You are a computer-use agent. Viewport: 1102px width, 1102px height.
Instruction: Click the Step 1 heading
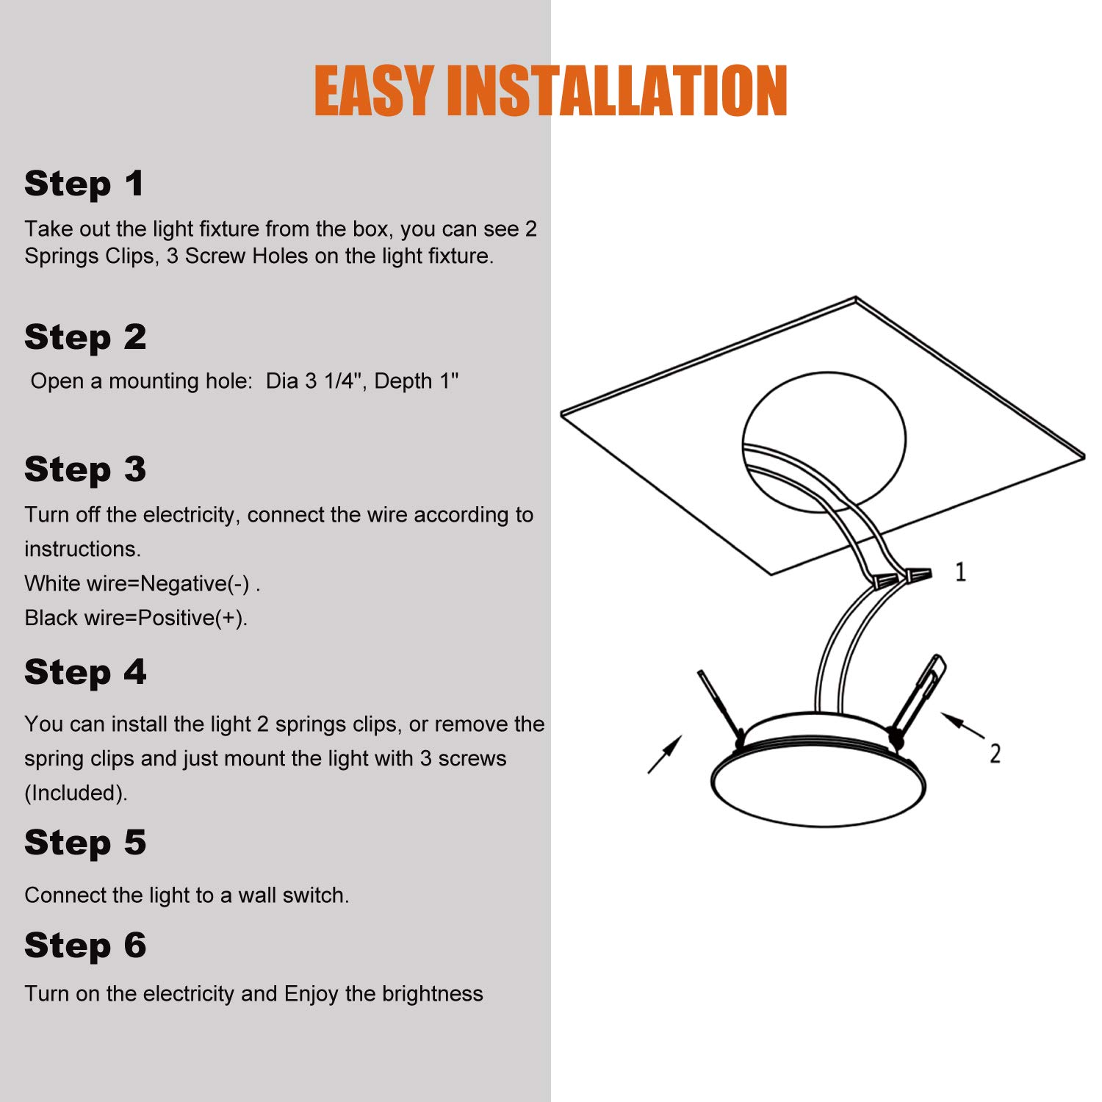point(84,184)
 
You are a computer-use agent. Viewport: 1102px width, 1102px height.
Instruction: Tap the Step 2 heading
point(85,337)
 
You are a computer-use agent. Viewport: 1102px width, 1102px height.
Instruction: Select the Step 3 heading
point(85,469)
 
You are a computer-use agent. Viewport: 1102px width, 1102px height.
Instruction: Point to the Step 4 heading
point(85,672)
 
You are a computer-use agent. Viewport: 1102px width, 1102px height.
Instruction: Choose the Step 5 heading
point(85,842)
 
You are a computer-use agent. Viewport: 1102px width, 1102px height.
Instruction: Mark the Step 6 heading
point(85,945)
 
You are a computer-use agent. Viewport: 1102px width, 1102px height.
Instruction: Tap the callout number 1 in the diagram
point(960,572)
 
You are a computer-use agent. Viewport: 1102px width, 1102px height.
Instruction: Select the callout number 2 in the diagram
point(995,753)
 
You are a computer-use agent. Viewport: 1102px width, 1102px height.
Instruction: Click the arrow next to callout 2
point(962,725)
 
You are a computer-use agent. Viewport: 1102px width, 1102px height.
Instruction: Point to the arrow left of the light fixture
point(665,754)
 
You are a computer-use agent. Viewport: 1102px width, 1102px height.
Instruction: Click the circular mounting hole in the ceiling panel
point(824,442)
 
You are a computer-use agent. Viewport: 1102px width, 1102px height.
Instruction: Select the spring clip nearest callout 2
point(917,698)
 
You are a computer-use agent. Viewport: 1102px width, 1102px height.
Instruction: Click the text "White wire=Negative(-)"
point(139,583)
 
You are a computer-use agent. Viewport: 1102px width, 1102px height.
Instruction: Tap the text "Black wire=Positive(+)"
point(136,618)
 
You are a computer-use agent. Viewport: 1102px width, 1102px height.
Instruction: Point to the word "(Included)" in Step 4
point(76,793)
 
